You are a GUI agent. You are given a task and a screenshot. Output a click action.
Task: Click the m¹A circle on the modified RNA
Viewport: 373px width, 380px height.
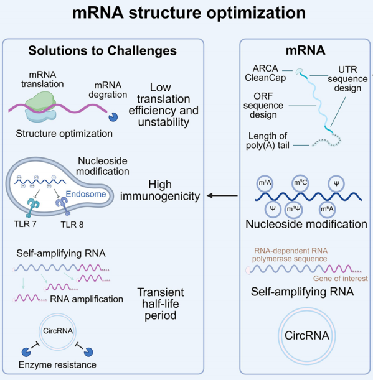point(265,183)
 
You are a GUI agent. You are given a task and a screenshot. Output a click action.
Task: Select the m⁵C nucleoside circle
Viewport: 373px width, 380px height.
point(300,183)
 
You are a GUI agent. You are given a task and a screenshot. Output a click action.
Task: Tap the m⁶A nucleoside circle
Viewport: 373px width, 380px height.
point(327,209)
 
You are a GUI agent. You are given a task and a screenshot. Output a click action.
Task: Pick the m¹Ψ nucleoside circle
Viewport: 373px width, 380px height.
point(293,209)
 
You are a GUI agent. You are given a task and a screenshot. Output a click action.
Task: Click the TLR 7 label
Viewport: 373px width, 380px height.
point(25,224)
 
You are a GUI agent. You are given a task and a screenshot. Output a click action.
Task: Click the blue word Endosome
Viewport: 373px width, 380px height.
point(86,194)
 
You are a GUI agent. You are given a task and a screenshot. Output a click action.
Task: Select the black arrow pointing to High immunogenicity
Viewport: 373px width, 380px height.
point(222,195)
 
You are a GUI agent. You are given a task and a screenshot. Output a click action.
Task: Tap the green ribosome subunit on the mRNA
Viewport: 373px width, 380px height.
point(40,101)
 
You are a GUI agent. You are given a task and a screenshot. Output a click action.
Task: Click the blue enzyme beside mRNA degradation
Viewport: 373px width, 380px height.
point(113,117)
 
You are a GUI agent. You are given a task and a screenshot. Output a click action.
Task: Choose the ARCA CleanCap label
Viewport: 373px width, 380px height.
point(265,73)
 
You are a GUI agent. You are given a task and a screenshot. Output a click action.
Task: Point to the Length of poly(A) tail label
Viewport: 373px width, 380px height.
point(268,141)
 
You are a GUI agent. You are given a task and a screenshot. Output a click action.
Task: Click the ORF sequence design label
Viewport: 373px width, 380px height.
point(263,106)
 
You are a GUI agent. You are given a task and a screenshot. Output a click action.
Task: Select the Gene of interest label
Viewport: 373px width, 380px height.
point(341,279)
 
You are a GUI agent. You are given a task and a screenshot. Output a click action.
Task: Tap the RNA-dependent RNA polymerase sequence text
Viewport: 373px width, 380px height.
point(290,255)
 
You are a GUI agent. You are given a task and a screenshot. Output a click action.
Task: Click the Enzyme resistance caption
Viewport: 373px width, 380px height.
point(57,364)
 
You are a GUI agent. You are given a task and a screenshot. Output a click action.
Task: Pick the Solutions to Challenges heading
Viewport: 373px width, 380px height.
point(103,50)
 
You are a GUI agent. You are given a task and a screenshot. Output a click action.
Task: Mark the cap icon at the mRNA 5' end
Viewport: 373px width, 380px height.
point(299,72)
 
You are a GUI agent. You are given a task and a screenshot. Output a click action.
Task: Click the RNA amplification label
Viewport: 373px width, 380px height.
point(87,299)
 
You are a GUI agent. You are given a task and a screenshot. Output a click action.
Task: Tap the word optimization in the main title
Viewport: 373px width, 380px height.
point(256,13)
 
